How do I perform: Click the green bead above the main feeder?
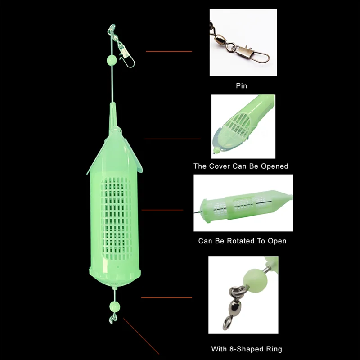(x=112, y=59)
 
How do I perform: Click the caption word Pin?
(x=242, y=85)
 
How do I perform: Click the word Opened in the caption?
(x=273, y=166)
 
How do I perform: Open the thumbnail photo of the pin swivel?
(x=242, y=43)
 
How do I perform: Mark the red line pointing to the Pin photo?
(x=169, y=51)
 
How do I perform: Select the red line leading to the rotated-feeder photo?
(x=162, y=210)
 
